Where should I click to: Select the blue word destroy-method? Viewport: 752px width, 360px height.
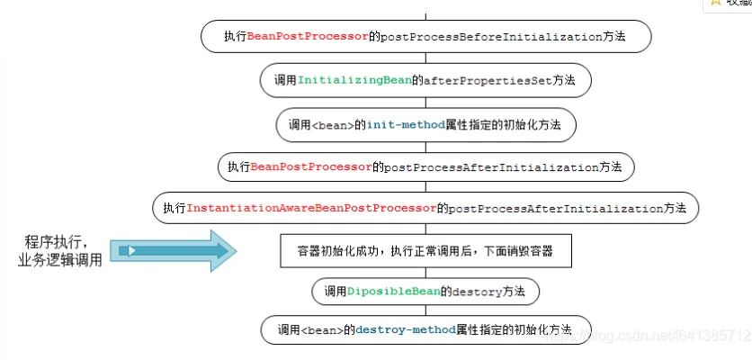pos(405,328)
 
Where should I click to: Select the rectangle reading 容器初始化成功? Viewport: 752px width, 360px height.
pos(427,251)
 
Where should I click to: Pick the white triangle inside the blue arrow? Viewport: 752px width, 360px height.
pos(131,249)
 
